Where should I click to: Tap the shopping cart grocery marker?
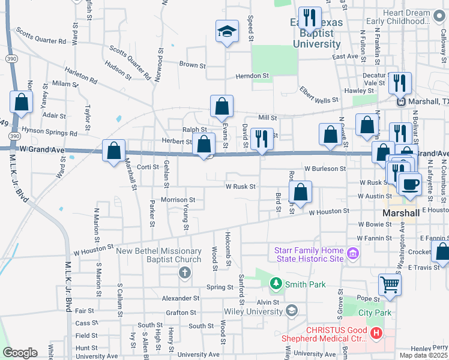tap(390, 285)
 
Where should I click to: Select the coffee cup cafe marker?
tap(411, 184)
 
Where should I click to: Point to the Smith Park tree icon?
tap(276, 282)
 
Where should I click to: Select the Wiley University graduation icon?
tap(292, 310)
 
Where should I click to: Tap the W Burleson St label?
tap(325, 169)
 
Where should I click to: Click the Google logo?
tap(20, 352)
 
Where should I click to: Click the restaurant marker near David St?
tap(262, 138)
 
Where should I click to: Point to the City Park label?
tap(375, 313)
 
